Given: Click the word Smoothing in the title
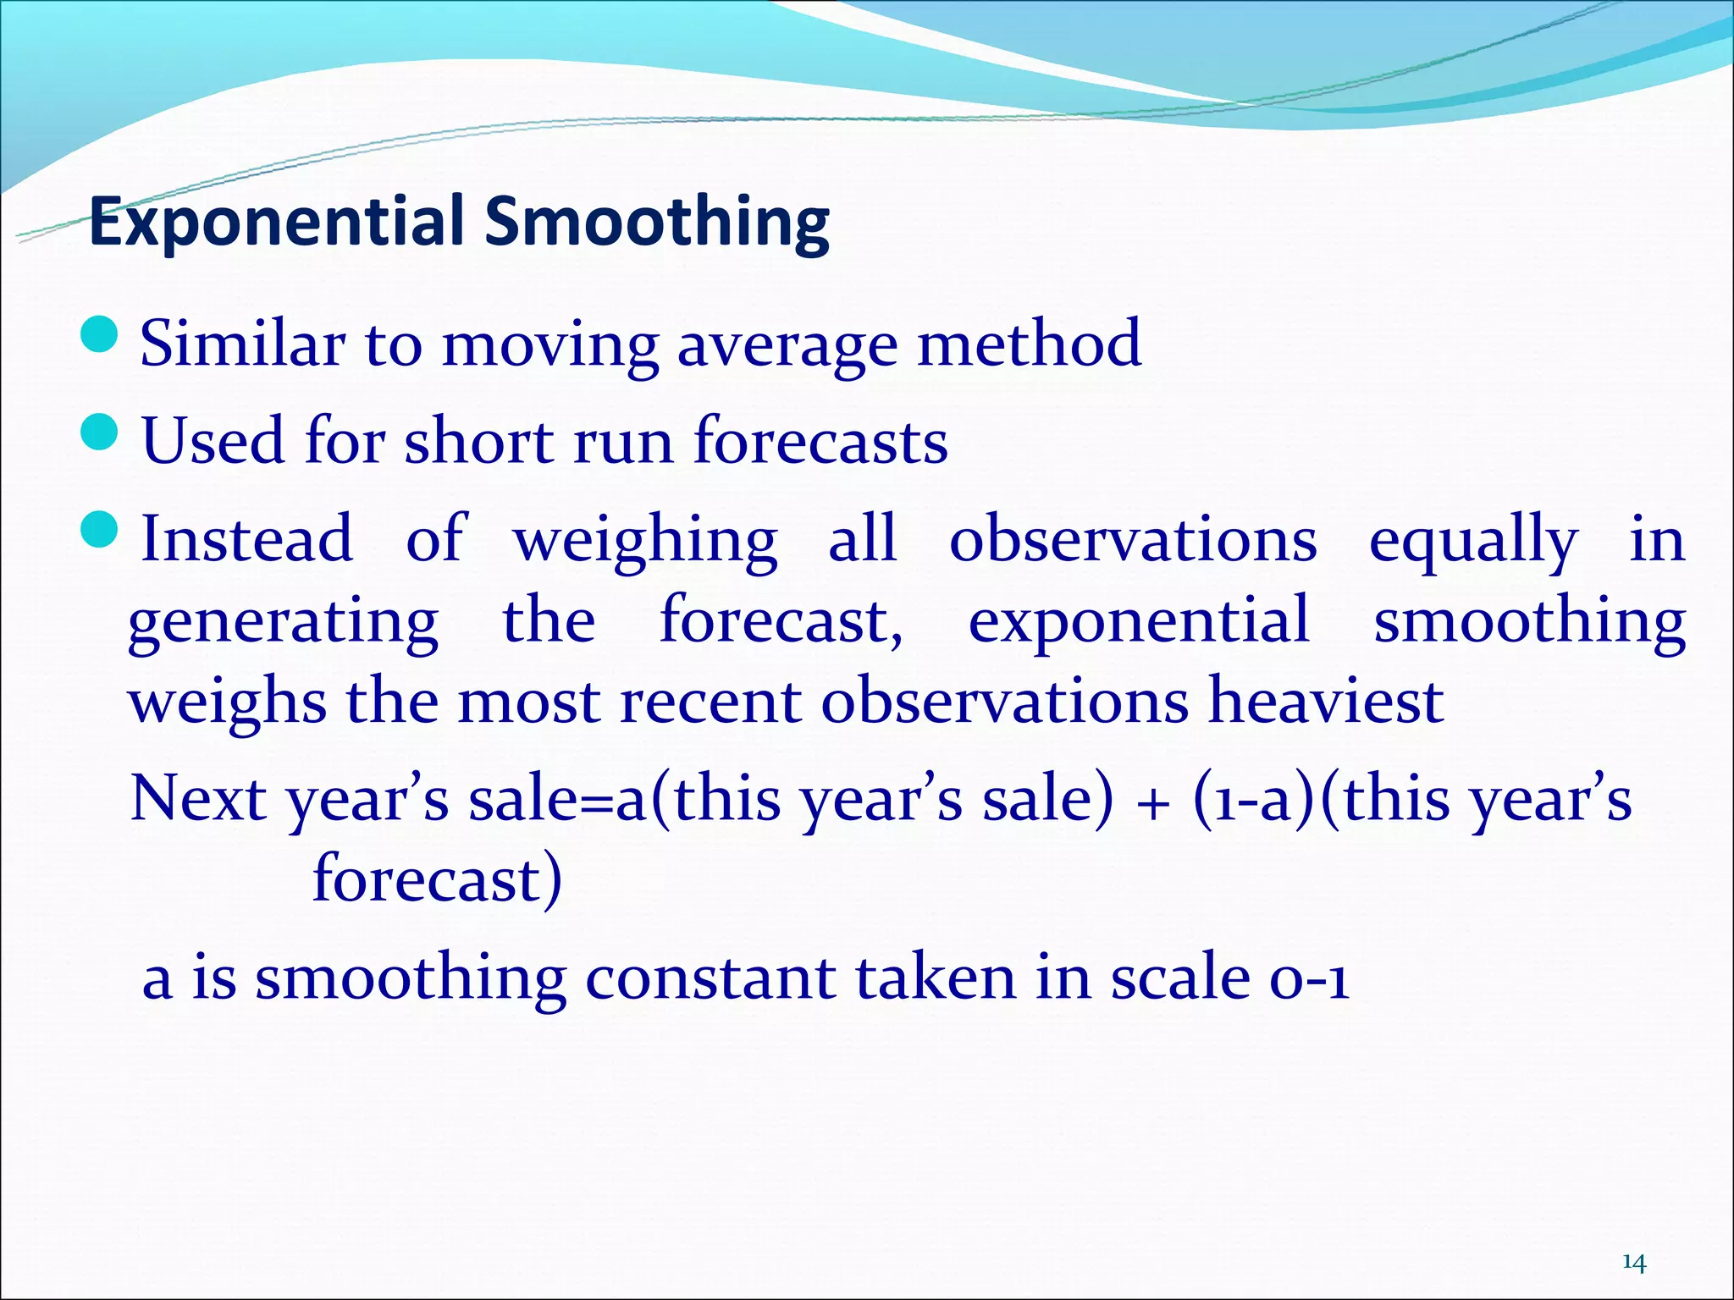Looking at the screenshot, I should (657, 222).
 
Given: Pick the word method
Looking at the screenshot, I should (1030, 344).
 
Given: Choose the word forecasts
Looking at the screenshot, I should (820, 442).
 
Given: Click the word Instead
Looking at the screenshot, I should (246, 539).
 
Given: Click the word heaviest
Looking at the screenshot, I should (1325, 702).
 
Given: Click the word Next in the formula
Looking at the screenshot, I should (198, 799).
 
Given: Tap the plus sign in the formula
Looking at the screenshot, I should (1152, 802).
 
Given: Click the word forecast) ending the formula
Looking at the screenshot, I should (437, 879).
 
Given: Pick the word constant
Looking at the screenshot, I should (710, 978).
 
